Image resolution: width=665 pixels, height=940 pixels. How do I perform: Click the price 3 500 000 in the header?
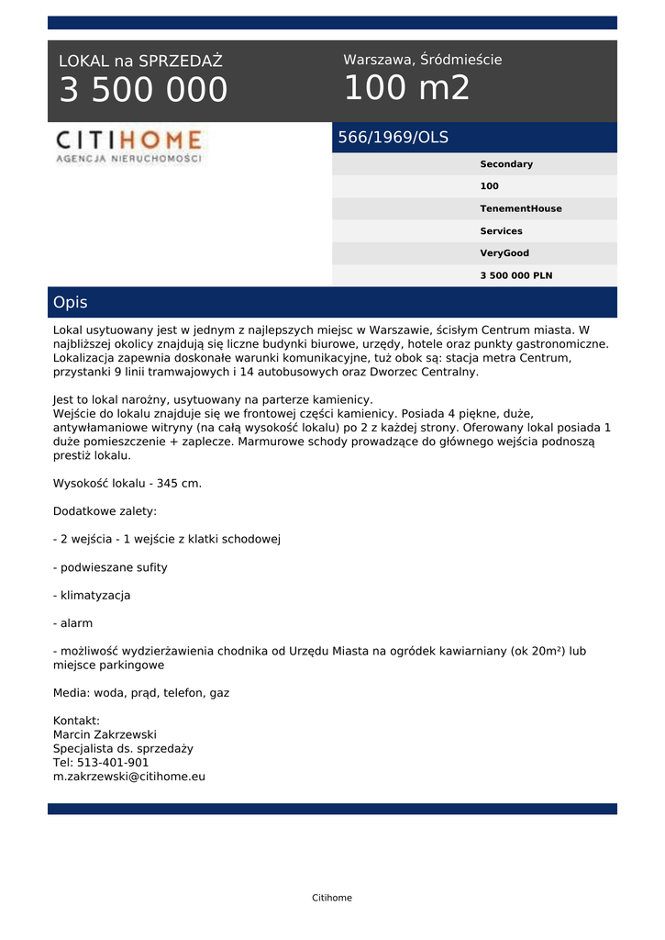point(143,91)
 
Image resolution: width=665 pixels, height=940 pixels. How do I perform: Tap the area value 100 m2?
point(406,88)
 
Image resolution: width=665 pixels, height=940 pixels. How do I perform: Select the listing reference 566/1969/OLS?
point(393,138)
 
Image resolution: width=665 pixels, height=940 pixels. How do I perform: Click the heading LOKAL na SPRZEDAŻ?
point(140,62)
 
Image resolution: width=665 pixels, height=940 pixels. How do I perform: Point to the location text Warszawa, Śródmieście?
point(422,60)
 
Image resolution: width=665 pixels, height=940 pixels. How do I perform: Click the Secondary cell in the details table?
point(506,164)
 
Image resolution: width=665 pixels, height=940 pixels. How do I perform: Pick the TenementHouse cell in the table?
point(520,208)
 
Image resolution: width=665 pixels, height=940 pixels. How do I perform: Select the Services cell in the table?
point(501,231)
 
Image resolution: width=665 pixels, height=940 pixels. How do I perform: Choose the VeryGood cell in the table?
point(504,253)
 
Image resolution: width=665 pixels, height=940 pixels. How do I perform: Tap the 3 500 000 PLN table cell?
point(515,275)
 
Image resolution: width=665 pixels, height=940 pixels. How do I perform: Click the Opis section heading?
point(71,302)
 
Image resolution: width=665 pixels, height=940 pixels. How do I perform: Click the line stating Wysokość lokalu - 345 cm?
point(127,483)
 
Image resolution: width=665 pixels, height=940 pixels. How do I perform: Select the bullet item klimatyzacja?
point(92,595)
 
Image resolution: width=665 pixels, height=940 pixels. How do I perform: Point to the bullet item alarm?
point(73,623)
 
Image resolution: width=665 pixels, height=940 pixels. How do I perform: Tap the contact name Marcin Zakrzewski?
point(105,734)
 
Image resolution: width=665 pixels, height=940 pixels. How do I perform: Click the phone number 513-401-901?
point(113,762)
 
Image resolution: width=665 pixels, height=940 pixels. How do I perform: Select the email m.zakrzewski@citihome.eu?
point(129,776)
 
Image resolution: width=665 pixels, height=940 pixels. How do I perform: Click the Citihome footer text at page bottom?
point(332,898)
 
